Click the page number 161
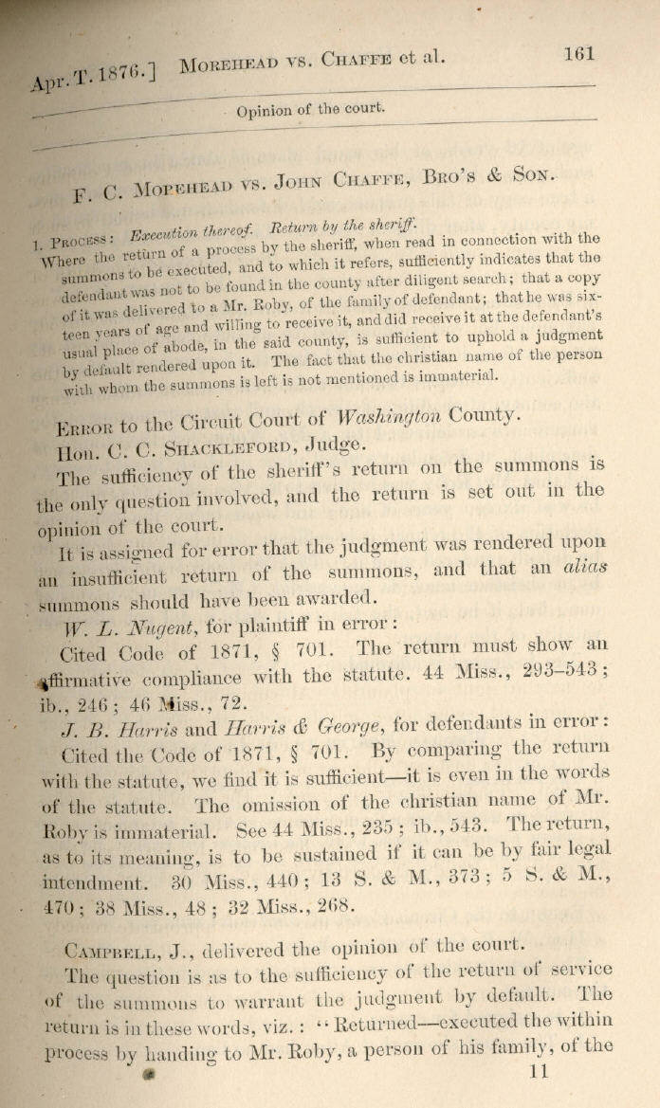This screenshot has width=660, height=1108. click(577, 54)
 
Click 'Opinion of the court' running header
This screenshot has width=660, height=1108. click(311, 109)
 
